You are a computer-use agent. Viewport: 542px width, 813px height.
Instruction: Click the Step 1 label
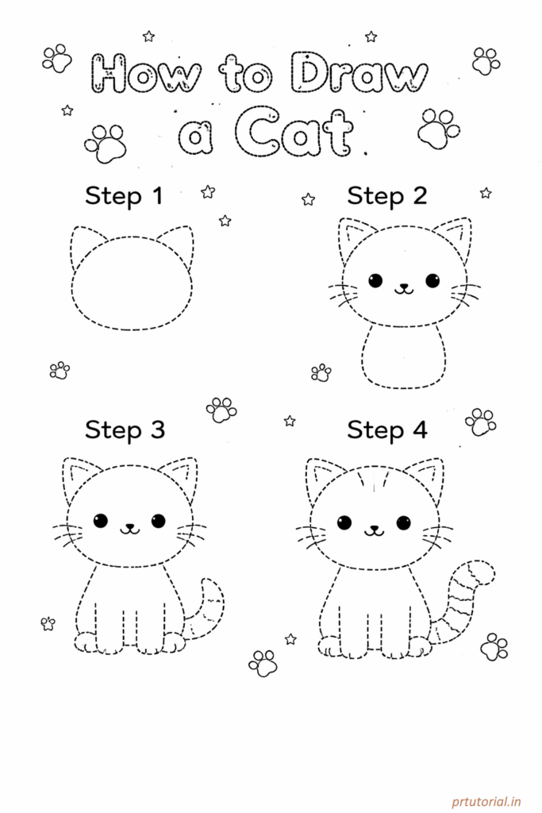click(124, 195)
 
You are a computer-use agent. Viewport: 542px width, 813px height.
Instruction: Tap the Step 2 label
click(386, 195)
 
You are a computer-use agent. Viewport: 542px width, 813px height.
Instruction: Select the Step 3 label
click(125, 430)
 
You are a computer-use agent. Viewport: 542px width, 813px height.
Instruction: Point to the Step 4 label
click(386, 430)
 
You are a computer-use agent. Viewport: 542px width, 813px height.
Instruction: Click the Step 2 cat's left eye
click(375, 280)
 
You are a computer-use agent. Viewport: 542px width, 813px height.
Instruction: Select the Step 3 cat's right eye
click(158, 521)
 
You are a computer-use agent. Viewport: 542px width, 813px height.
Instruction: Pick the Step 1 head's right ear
click(177, 242)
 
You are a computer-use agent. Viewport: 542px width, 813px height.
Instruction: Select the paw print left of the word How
click(56, 58)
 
